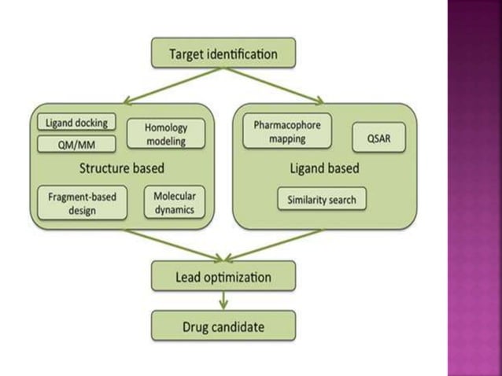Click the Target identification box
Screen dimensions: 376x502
(x=223, y=54)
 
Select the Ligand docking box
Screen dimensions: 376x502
(x=76, y=122)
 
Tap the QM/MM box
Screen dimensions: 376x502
(x=76, y=143)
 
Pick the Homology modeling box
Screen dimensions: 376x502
(x=165, y=133)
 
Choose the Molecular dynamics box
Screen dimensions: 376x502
(x=174, y=203)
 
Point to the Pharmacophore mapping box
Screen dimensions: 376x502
(x=287, y=131)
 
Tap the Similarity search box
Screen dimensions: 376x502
(x=321, y=199)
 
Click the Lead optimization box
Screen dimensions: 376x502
(x=223, y=277)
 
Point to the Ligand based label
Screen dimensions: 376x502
(x=323, y=168)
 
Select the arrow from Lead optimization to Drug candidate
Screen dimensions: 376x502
(x=223, y=300)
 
